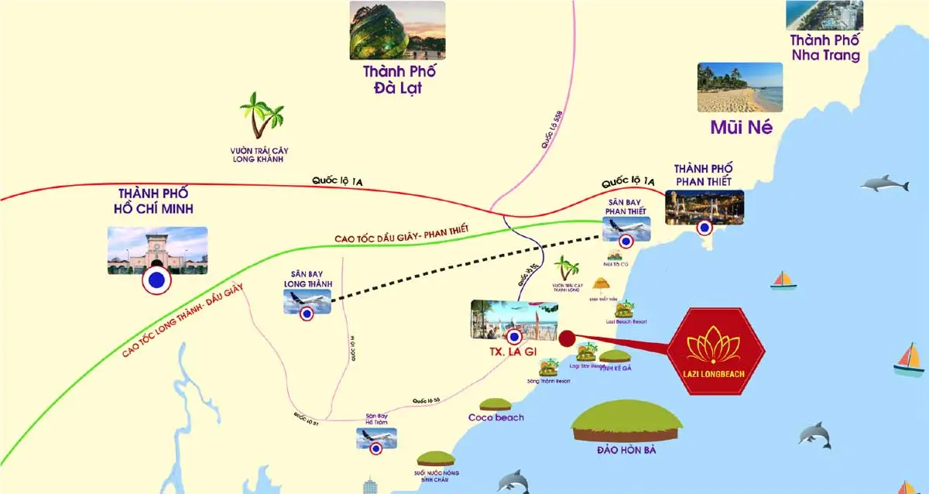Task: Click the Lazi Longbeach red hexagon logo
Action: pos(716,352)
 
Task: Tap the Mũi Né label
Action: pos(741,128)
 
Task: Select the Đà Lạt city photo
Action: pos(397,29)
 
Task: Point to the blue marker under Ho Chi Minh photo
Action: pos(157,282)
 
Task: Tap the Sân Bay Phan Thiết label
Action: pos(626,206)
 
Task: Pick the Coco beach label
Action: pos(495,417)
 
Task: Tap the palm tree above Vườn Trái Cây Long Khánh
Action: pos(260,116)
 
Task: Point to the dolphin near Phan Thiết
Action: pos(885,184)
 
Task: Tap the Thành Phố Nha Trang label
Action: pos(824,47)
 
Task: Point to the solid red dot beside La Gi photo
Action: pos(566,338)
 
